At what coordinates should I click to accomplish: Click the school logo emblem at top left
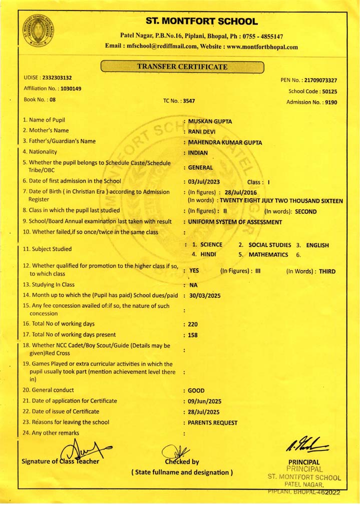38,31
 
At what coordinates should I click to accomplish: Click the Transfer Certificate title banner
182,67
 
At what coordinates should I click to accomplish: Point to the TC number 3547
189,101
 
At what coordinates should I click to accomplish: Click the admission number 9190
330,102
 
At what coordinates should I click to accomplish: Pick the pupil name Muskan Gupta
210,121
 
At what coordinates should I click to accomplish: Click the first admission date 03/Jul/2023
204,182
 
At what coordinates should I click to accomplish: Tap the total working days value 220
193,324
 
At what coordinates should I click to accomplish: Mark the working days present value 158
193,335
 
